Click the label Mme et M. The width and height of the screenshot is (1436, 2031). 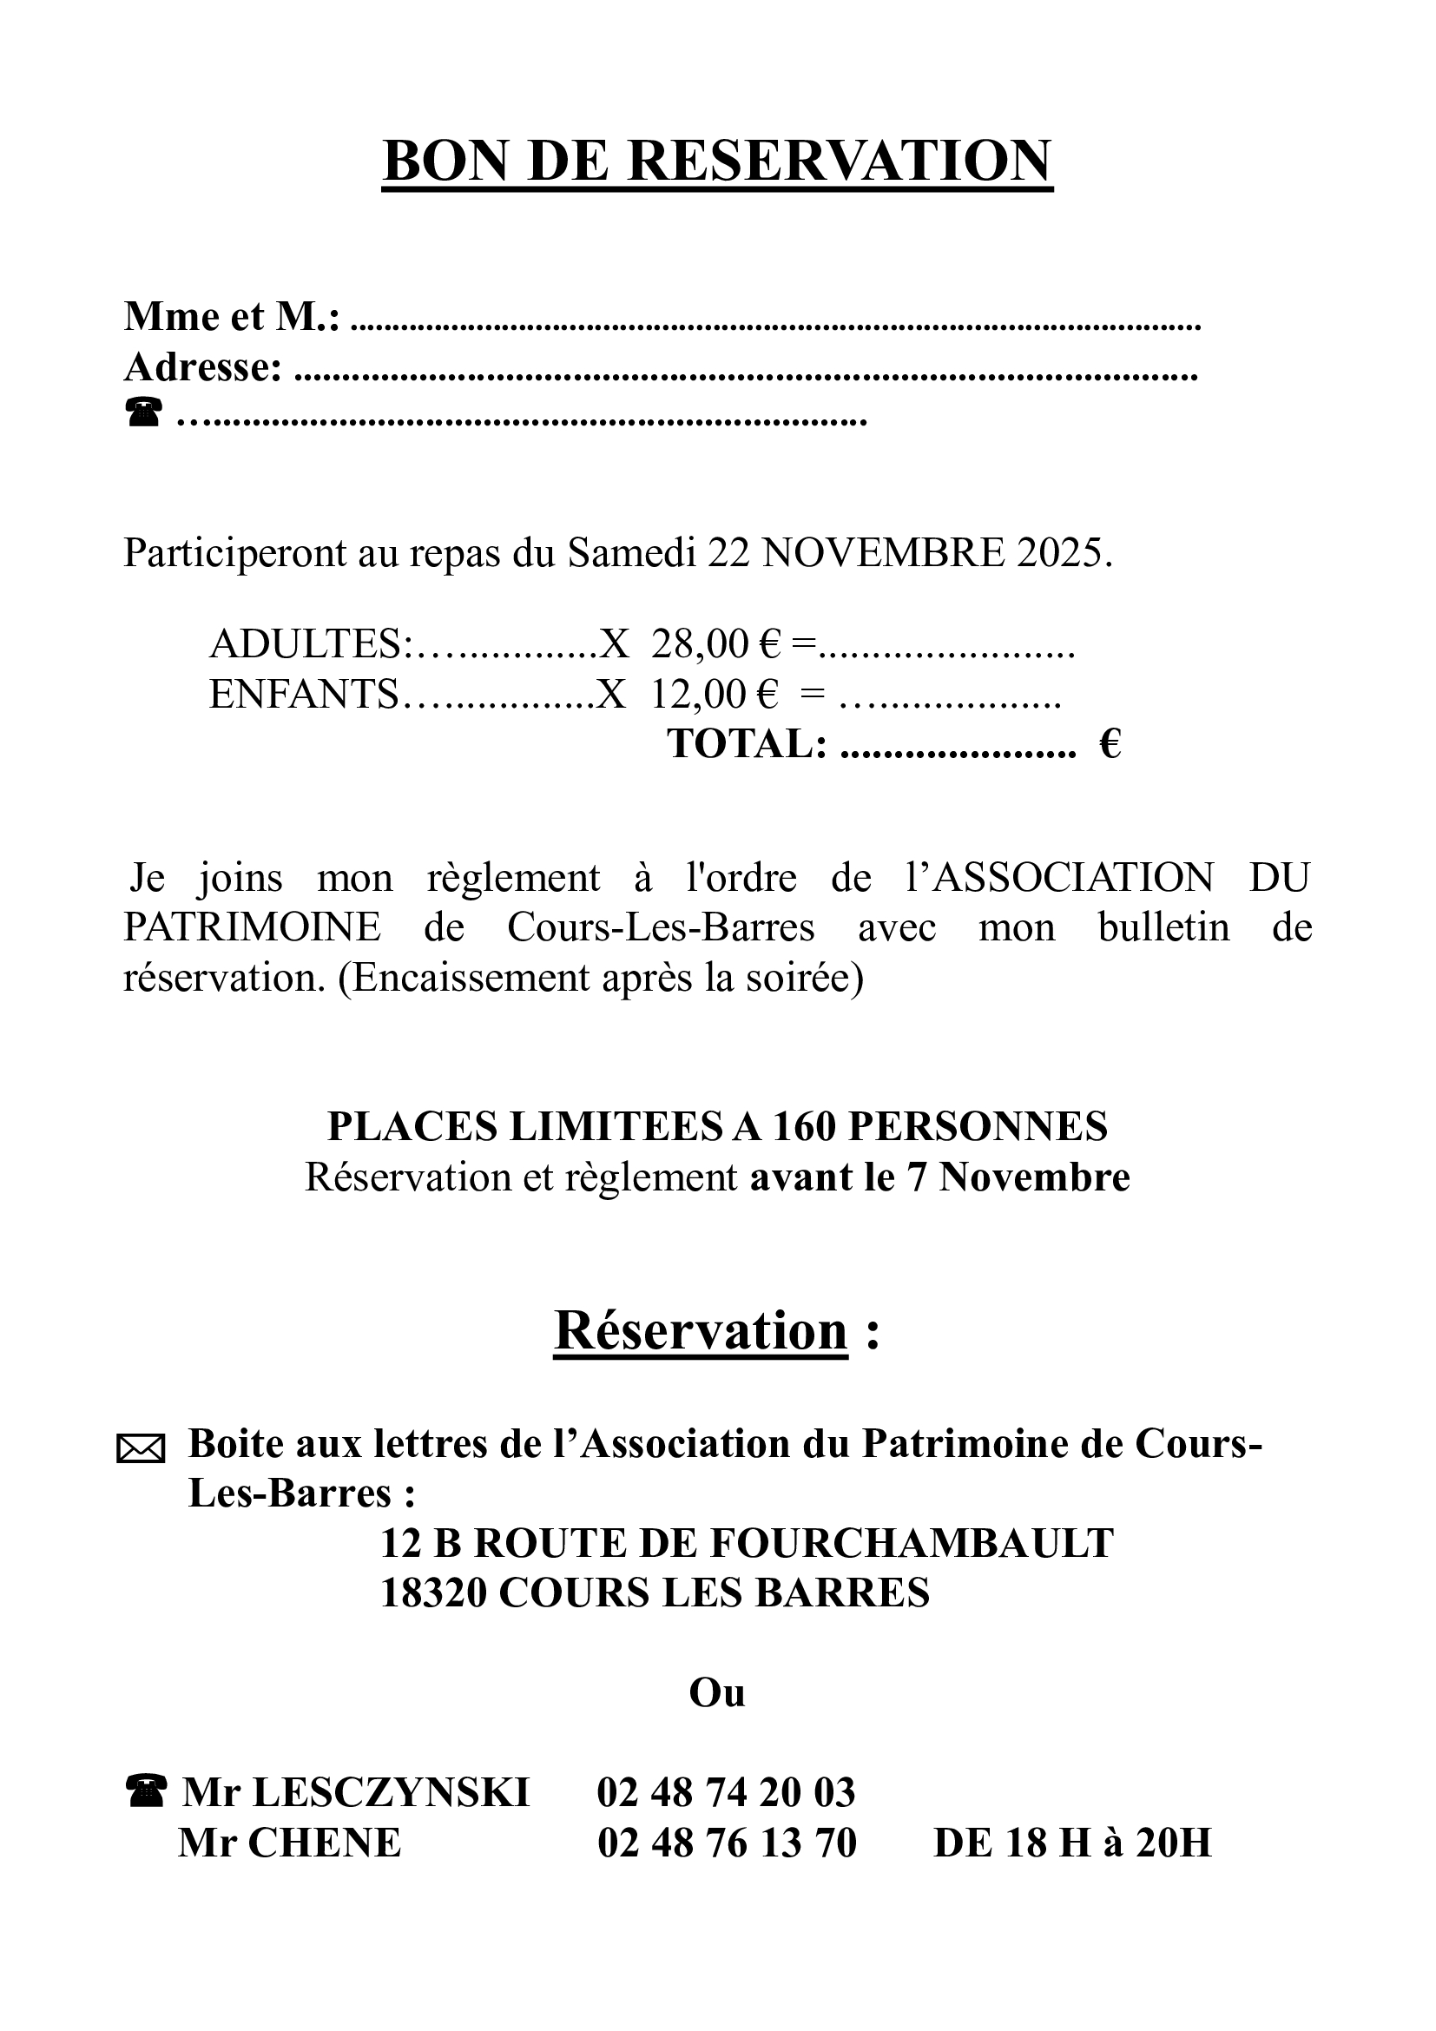point(231,317)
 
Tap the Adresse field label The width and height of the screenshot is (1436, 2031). point(202,367)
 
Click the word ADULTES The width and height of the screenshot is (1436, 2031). point(306,645)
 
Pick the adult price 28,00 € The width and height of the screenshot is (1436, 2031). point(716,645)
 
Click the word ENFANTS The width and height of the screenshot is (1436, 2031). point(303,695)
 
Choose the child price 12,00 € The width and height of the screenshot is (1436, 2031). point(715,695)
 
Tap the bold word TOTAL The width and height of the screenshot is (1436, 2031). point(747,743)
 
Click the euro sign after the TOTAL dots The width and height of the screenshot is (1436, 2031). point(1110,743)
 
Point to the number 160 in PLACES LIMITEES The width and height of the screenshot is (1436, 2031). point(806,1127)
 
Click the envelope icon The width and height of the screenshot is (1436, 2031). point(141,1450)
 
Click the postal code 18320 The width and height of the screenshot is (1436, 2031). point(433,1593)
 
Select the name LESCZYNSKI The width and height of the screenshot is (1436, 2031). point(391,1793)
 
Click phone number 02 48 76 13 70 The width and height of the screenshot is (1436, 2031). point(727,1843)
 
